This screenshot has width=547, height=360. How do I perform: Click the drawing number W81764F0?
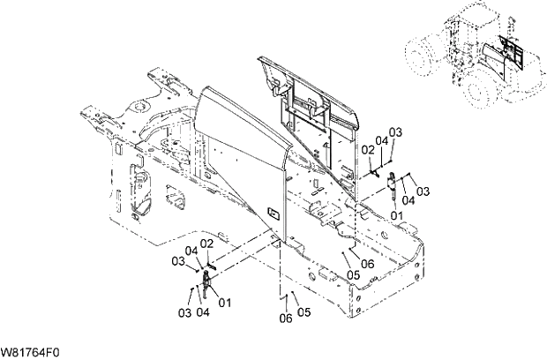tap(31, 352)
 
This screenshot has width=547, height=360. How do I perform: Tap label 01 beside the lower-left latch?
tap(225, 302)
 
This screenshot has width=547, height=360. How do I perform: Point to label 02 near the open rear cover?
tap(367, 150)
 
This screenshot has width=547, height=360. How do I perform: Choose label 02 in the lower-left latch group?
tap(207, 244)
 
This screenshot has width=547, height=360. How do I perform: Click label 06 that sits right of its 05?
tap(367, 263)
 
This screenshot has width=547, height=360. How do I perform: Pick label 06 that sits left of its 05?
tap(284, 319)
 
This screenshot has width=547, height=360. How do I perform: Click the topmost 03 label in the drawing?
tap(395, 131)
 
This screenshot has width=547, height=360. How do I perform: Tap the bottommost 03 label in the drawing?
tap(185, 313)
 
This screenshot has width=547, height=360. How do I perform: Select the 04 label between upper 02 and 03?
tap(381, 141)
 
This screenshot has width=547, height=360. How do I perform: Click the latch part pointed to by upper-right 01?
tap(389, 191)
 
